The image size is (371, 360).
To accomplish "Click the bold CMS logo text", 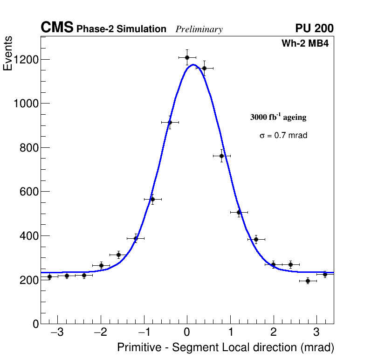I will click(x=57, y=28).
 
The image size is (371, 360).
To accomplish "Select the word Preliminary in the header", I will click(x=199, y=29).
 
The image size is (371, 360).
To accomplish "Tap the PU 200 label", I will click(x=314, y=28).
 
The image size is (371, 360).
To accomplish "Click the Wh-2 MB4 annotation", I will click(x=305, y=44).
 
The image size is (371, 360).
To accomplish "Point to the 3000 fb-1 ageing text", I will click(x=278, y=117).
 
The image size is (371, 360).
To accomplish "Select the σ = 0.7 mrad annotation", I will click(x=283, y=136).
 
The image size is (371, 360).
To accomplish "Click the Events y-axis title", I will click(x=8, y=54).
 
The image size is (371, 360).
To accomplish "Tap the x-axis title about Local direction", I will click(x=226, y=347).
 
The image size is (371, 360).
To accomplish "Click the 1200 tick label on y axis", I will click(x=26, y=59).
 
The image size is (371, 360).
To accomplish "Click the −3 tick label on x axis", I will click(x=57, y=333).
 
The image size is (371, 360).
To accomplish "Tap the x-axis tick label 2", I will click(x=274, y=333).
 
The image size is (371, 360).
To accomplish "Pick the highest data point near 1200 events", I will click(x=187, y=58).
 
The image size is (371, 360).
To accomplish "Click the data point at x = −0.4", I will click(x=170, y=122).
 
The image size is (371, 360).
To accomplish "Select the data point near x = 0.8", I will click(x=221, y=156).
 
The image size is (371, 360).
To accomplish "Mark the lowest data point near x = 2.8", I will click(x=308, y=281).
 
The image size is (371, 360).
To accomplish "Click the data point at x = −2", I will click(x=101, y=265).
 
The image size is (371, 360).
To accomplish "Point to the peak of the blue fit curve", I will click(x=192, y=65).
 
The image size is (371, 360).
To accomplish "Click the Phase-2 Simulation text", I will click(x=121, y=29).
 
